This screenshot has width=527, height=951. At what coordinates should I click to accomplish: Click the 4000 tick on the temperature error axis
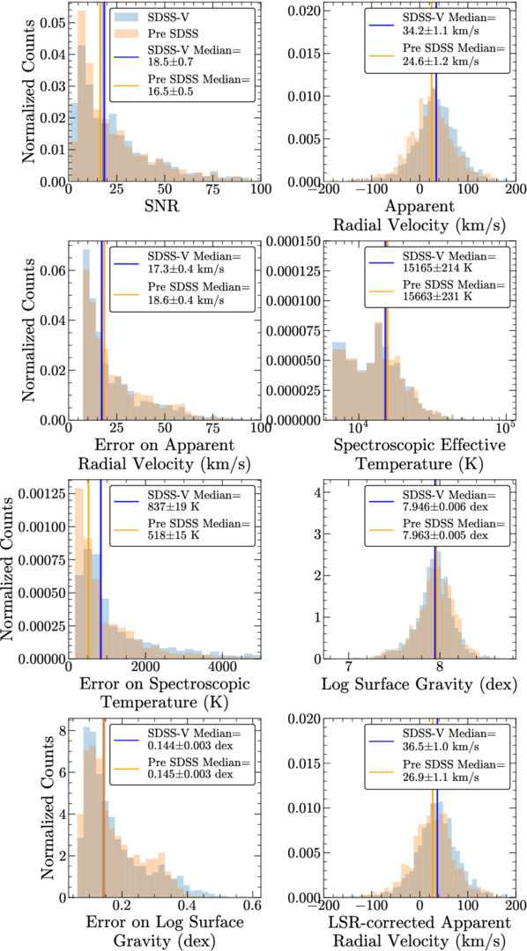coord(223,667)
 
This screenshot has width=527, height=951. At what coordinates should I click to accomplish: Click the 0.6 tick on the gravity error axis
coord(251,906)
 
